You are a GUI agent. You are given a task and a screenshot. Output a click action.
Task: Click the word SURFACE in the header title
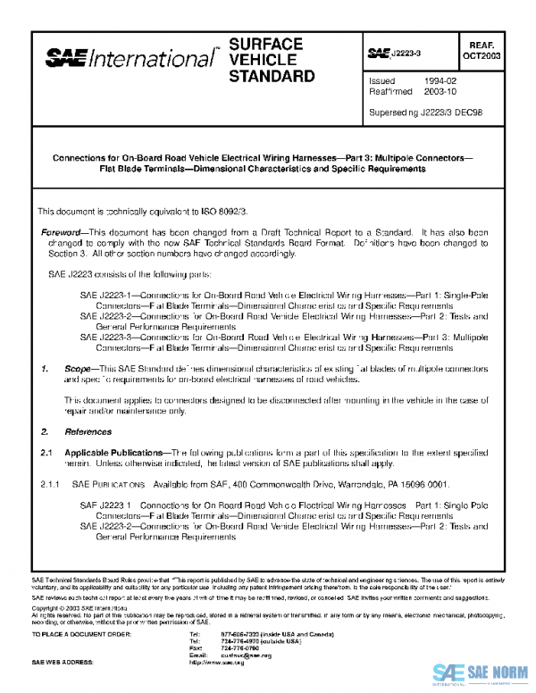(x=266, y=44)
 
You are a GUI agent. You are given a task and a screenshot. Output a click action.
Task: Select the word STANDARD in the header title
(x=272, y=76)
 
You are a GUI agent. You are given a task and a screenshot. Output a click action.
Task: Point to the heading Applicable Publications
(x=116, y=453)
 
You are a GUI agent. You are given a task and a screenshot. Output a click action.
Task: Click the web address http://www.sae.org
(x=217, y=664)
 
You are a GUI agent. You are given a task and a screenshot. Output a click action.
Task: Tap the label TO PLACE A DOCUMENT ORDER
(x=81, y=634)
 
